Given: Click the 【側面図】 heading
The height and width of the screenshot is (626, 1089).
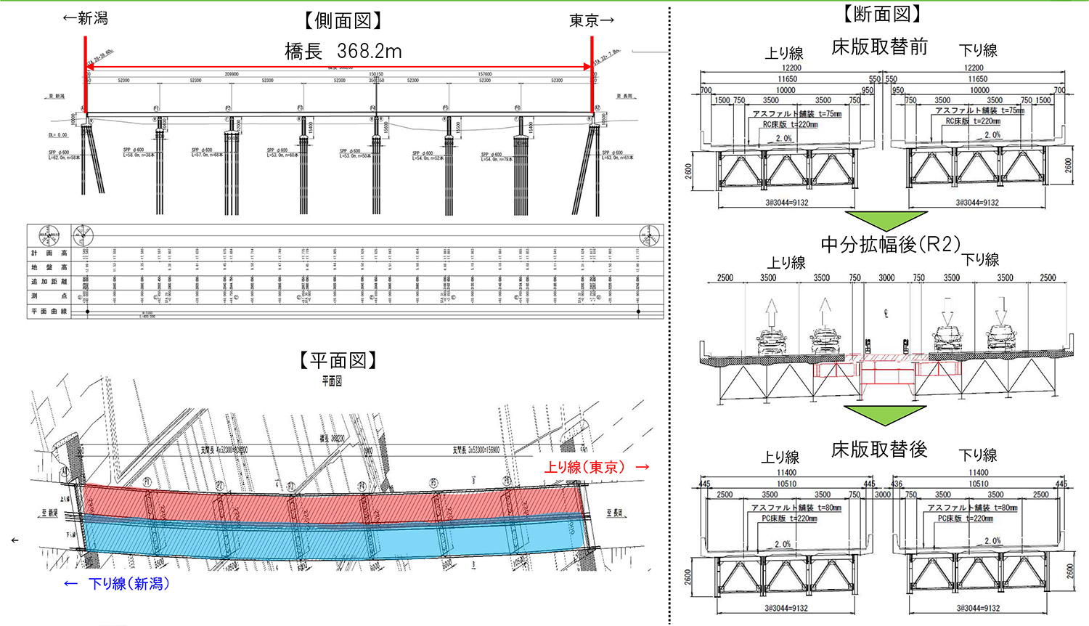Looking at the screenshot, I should [343, 21].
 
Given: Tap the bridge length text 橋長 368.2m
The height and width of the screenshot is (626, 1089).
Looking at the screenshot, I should [343, 51].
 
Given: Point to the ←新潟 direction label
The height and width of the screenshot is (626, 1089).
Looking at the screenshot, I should [86, 18].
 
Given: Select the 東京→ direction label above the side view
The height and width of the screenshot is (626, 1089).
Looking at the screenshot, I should [592, 21].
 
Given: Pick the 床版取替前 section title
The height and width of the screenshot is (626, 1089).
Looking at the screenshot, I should [880, 47].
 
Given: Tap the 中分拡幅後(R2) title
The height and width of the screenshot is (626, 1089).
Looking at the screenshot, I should [891, 244].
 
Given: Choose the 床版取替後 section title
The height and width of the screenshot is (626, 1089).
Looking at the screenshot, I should [879, 450].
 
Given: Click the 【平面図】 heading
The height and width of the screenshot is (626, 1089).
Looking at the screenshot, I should [339, 360].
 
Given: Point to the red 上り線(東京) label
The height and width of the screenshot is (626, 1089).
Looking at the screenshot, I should [596, 467].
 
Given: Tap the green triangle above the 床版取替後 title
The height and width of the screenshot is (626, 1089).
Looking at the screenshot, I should [884, 415].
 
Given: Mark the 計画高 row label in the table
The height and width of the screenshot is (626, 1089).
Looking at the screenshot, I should [49, 253].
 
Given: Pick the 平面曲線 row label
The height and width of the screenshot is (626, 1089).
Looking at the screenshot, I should [49, 311].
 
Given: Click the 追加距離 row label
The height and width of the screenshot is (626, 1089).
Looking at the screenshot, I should [49, 282].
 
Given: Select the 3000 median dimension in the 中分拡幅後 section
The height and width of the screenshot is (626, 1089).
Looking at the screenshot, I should [886, 277].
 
